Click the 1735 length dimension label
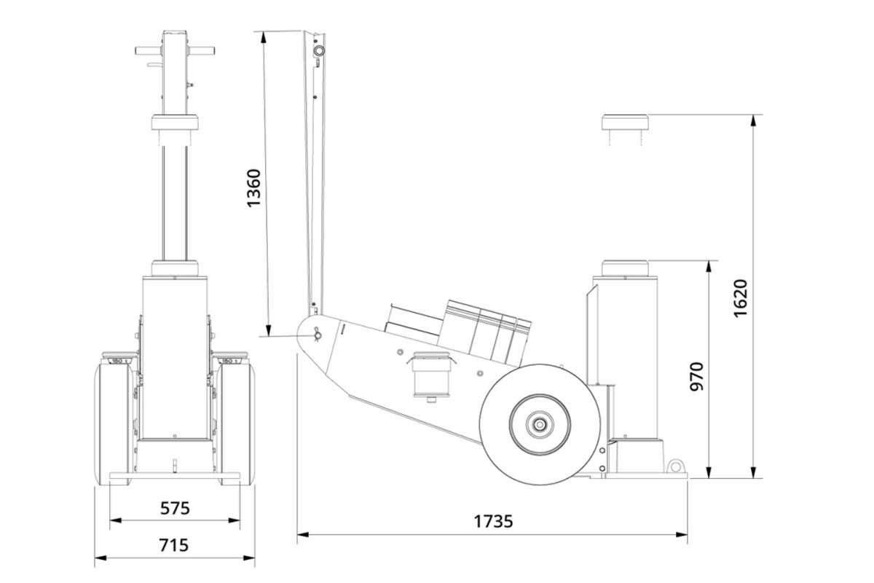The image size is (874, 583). pyautogui.click(x=493, y=521)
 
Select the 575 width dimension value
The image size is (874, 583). pyautogui.click(x=175, y=508)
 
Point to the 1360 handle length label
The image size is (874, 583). pyautogui.click(x=253, y=188)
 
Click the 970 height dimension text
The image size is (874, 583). pyautogui.click(x=696, y=376)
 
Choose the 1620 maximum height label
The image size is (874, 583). pyautogui.click(x=740, y=297)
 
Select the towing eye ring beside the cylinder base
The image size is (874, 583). pyautogui.click(x=677, y=465)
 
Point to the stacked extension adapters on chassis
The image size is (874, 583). pyautogui.click(x=484, y=332)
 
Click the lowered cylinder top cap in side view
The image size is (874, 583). pyautogui.click(x=625, y=267)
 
